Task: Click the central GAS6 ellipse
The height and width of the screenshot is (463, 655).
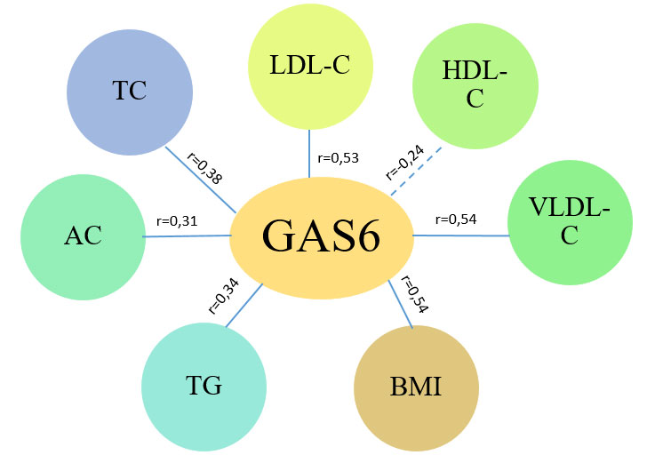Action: click(321, 236)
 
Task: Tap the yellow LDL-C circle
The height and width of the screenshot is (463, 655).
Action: click(309, 68)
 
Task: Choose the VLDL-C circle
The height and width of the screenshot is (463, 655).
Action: click(570, 222)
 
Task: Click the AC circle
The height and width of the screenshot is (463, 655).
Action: click(83, 235)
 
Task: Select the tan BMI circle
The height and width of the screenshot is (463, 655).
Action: click(416, 388)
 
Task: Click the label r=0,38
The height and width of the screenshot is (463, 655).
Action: click(205, 166)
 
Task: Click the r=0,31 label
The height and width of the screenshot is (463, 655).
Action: click(177, 220)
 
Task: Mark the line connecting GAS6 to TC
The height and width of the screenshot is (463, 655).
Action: click(201, 181)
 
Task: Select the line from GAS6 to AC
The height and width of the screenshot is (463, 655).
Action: click(187, 236)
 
